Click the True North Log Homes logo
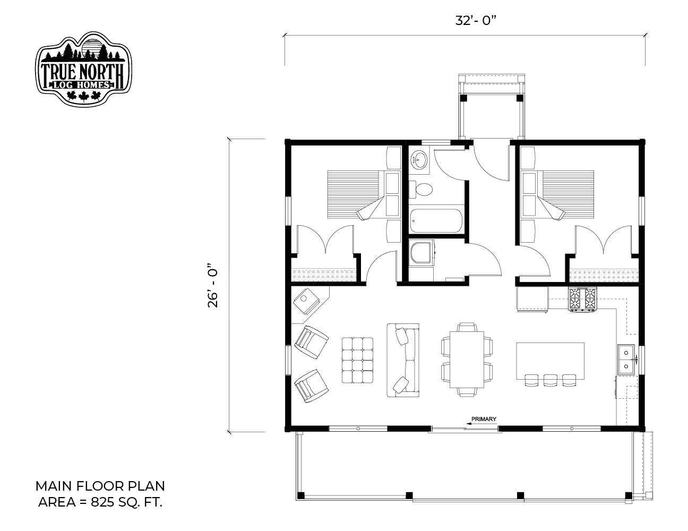click(83, 69)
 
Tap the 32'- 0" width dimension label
click(475, 21)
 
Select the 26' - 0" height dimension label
click(213, 285)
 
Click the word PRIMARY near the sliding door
click(484, 419)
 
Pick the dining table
click(467, 359)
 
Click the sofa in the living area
click(403, 360)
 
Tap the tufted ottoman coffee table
click(357, 360)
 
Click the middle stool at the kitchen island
click(551, 380)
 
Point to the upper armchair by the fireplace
click(311, 342)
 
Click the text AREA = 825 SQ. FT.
click(100, 502)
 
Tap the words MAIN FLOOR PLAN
click(100, 486)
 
